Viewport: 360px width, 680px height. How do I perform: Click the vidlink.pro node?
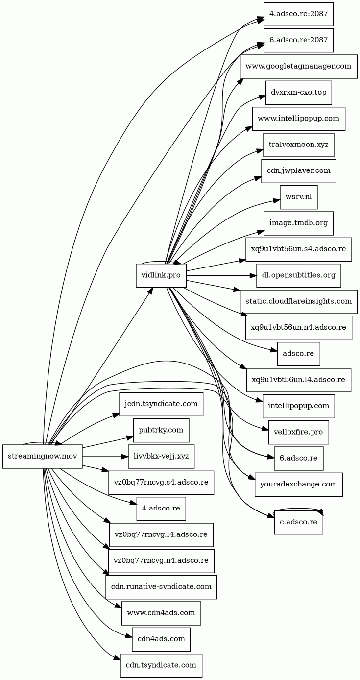pyautogui.click(x=161, y=275)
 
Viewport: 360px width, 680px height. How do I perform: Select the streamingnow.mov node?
pyautogui.click(x=42, y=456)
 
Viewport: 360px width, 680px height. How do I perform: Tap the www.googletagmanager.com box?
pyautogui.click(x=298, y=66)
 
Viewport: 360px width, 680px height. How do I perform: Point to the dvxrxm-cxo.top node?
pyautogui.click(x=298, y=92)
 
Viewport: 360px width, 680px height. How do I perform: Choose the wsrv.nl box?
pyautogui.click(x=298, y=197)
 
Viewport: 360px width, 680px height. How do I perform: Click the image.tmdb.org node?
pyautogui.click(x=298, y=223)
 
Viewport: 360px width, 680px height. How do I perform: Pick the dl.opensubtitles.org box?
pyautogui.click(x=298, y=275)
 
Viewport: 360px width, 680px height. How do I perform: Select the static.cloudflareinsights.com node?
pyautogui.click(x=298, y=301)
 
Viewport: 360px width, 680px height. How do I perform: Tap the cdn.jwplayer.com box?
pyautogui.click(x=298, y=171)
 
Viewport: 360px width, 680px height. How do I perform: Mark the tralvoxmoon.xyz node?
pyautogui.click(x=298, y=145)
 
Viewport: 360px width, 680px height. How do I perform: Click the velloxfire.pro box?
pyautogui.click(x=298, y=432)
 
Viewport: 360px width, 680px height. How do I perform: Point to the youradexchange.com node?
pyautogui.click(x=298, y=485)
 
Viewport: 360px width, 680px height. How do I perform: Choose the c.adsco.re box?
pyautogui.click(x=298, y=522)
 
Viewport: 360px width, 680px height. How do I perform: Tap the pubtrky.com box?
pyautogui.click(x=161, y=430)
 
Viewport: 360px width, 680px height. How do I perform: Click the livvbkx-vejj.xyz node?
pyautogui.click(x=161, y=456)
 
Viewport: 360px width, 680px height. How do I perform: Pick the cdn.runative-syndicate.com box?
pyautogui.click(x=161, y=587)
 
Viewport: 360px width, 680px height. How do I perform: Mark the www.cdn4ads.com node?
pyautogui.click(x=161, y=613)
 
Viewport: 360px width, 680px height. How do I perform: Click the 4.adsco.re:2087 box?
pyautogui.click(x=298, y=14)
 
